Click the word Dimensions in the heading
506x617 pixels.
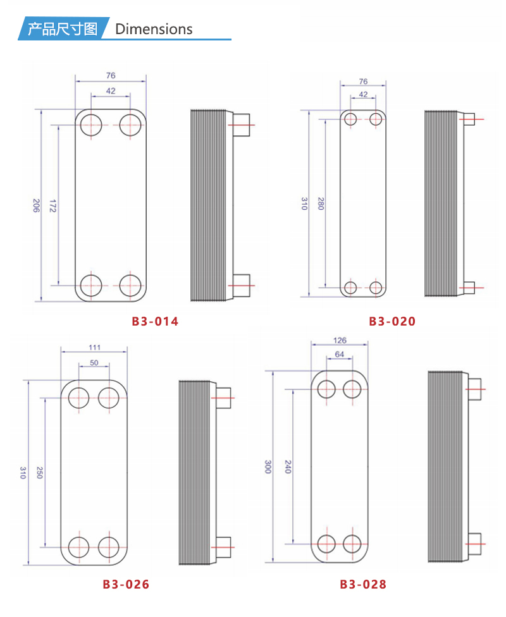pyautogui.click(x=154, y=29)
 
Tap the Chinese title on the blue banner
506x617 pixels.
pyautogui.click(x=63, y=28)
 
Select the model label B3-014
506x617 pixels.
pyautogui.click(x=155, y=322)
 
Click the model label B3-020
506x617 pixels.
pyautogui.click(x=392, y=322)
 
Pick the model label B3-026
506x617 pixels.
pyautogui.click(x=126, y=584)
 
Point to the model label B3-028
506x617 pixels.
pyautogui.click(x=363, y=584)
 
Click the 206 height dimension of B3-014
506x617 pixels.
pyautogui.click(x=36, y=205)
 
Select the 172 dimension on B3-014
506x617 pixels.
pyautogui.click(x=52, y=205)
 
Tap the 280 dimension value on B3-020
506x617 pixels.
pyautogui.click(x=321, y=204)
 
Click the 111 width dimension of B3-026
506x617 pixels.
pyautogui.click(x=94, y=348)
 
